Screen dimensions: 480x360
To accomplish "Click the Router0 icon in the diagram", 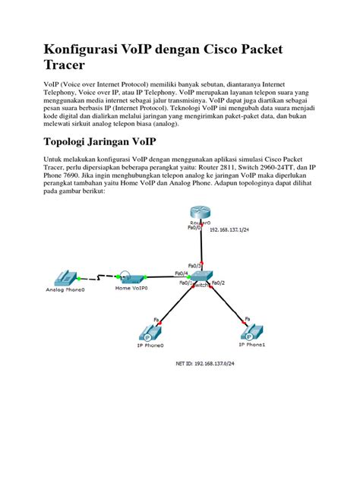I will tap(201, 216).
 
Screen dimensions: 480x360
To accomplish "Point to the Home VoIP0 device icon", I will tap(131, 278).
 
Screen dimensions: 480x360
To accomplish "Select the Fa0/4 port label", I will tap(182, 273).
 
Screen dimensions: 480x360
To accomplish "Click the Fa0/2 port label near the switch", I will tap(219, 283).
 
